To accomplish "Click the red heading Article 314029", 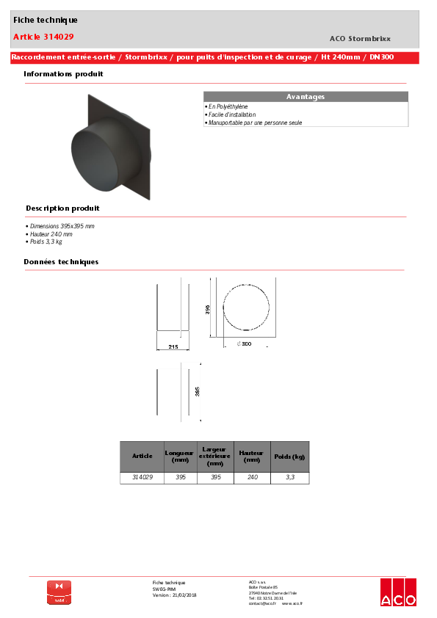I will click(x=43, y=37).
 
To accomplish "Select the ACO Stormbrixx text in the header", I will click(x=360, y=38).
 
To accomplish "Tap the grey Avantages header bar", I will click(x=306, y=97).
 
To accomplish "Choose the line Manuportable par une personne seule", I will click(x=254, y=123).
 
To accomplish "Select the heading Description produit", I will click(x=62, y=208).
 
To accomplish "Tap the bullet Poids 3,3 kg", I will click(x=45, y=241).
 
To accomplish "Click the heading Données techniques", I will click(x=61, y=262).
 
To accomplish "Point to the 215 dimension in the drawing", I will click(x=173, y=346).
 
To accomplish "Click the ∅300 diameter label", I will click(x=244, y=343).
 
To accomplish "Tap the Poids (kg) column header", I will click(x=289, y=457).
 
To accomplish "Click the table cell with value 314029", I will click(x=142, y=477).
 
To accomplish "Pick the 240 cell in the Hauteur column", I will click(x=252, y=477).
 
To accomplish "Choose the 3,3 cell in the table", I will click(x=289, y=477).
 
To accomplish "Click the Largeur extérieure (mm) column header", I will click(x=215, y=457).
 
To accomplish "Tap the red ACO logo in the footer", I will click(x=398, y=592).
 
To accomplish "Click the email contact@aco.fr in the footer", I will click(x=262, y=603).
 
